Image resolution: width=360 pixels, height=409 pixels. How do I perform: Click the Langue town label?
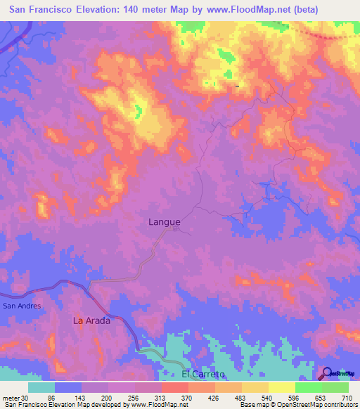(165, 222)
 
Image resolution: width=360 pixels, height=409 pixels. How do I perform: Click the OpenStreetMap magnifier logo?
(328, 374)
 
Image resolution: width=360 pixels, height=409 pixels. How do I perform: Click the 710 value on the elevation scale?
(347, 396)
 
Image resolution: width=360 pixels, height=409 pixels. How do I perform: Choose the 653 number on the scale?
(320, 396)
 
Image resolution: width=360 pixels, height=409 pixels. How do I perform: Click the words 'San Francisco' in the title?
(41, 10)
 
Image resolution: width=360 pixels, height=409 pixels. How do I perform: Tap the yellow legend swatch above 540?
(255, 387)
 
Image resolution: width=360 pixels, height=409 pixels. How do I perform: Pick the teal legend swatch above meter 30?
(41, 387)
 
